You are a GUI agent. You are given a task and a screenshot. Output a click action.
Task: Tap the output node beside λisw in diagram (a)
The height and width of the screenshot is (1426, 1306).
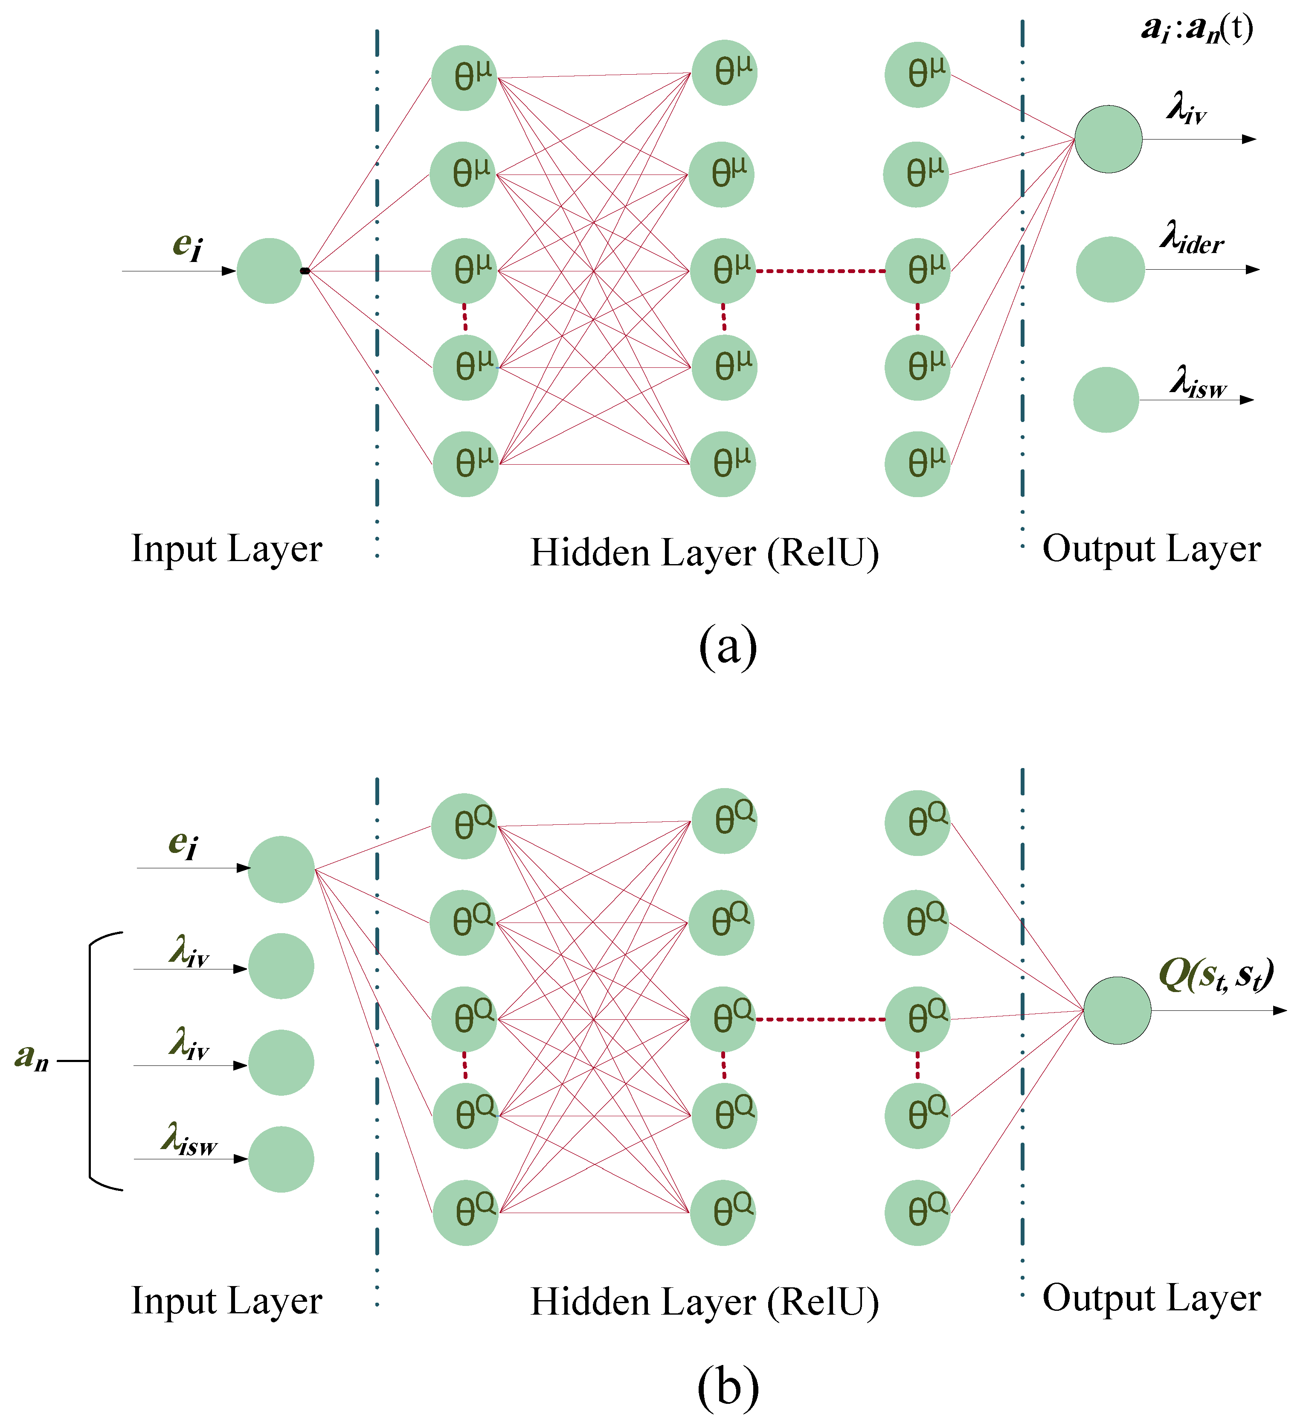click(x=1106, y=400)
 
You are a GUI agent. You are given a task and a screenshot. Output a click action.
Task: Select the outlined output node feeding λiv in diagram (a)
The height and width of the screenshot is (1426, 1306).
click(x=1109, y=140)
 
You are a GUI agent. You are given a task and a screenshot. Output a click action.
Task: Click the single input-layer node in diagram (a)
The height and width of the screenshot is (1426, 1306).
click(x=270, y=271)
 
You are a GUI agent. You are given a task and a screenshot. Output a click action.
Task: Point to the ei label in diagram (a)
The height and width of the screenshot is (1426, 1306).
click(x=187, y=245)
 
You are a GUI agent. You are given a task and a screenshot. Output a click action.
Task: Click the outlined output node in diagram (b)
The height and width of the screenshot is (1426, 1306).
click(x=1117, y=1011)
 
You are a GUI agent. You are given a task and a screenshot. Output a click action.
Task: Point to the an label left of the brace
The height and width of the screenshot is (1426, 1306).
click(x=32, y=1057)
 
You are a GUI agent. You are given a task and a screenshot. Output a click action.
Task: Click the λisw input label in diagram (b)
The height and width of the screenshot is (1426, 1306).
click(x=189, y=1140)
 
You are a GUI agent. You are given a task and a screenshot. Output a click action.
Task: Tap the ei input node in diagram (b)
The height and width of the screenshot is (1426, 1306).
click(x=281, y=869)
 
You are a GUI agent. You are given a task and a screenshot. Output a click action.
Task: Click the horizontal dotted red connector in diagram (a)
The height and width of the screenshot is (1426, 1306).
click(x=820, y=271)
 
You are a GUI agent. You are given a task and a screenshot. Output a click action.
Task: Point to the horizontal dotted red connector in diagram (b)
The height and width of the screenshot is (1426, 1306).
click(x=820, y=1019)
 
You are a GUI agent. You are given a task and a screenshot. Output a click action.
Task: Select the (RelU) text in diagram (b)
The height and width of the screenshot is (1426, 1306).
click(x=824, y=1301)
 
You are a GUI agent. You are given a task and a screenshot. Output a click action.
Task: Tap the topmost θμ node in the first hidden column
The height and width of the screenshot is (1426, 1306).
click(x=464, y=78)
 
